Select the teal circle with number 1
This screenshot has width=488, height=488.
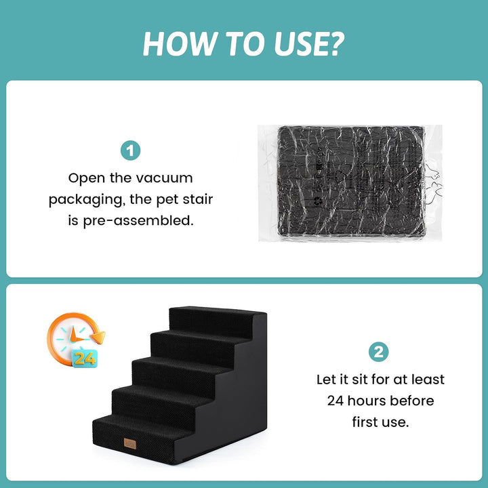pos(130,150)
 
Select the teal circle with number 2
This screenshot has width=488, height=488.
pos(378,352)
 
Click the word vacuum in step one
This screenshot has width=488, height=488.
pos(164,178)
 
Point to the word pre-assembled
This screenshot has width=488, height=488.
pos(138,221)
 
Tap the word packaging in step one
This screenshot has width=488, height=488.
pos(85,200)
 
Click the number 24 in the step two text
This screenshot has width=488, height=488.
pos(335,401)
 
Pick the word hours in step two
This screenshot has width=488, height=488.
pos(366,401)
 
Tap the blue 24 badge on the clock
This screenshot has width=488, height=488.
pos(85,359)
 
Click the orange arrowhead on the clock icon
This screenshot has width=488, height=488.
pos(99,337)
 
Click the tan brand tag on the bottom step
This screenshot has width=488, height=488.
pos(129,443)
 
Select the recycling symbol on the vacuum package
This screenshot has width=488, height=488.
pos(318,201)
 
